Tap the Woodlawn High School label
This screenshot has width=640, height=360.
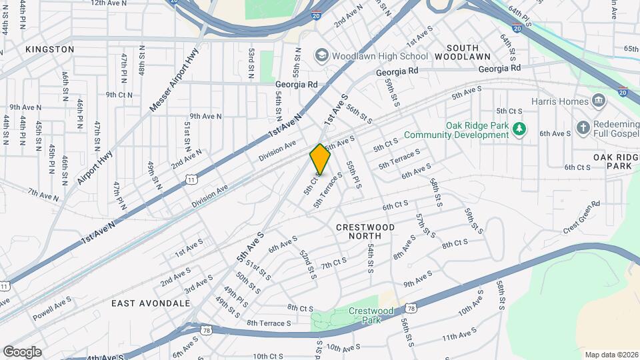click(x=380, y=56)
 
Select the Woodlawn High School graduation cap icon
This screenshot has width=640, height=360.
click(x=323, y=55)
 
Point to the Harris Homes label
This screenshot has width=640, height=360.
click(x=560, y=101)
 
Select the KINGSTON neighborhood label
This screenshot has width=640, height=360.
click(x=50, y=49)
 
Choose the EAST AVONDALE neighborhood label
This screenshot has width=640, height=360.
click(x=151, y=303)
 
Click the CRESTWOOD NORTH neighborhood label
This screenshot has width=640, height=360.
click(x=365, y=231)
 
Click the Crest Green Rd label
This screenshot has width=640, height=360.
click(x=581, y=216)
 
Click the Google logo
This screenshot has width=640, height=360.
click(x=23, y=352)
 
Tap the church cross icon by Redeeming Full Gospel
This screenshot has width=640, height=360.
click(x=583, y=127)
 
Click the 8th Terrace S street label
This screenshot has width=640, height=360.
click(x=269, y=323)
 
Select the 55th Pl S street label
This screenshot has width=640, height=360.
click(x=353, y=174)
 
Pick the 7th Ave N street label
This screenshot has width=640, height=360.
click(x=44, y=193)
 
